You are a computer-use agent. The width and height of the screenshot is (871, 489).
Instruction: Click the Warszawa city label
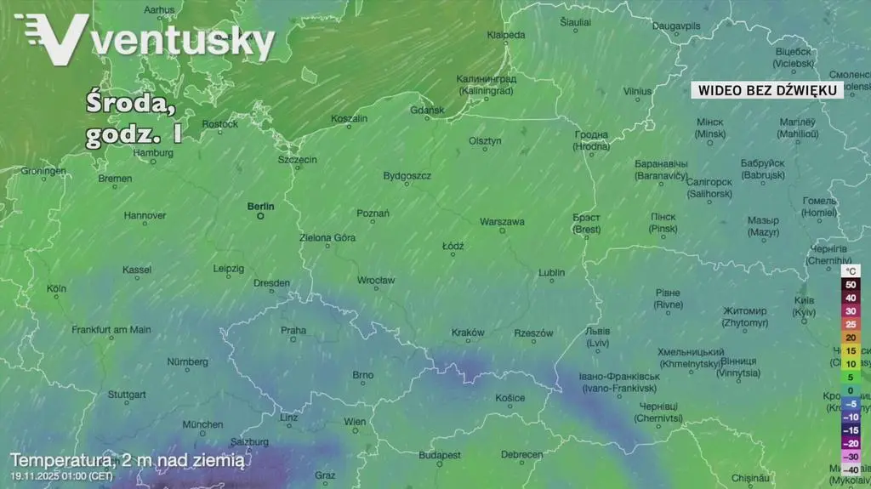coord(502,221)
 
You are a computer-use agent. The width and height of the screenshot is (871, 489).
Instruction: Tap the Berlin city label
coord(261,206)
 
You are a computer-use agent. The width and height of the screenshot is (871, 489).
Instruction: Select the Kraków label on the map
coord(468,333)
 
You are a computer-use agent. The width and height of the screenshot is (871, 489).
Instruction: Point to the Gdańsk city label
coord(427,110)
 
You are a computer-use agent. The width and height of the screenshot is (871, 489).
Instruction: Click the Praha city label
coord(293,330)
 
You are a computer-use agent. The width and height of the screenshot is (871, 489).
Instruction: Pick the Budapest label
coord(440,455)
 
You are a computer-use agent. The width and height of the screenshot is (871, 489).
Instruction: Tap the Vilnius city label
coord(637,91)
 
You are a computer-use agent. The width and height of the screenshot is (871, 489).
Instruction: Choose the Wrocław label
coord(376,280)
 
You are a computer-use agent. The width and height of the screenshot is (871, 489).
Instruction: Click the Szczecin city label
coord(298,159)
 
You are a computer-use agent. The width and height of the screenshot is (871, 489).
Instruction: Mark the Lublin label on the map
coord(551,273)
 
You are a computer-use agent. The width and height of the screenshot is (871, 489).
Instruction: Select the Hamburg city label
coord(153,153)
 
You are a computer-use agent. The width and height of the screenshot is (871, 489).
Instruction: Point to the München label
coord(202,424)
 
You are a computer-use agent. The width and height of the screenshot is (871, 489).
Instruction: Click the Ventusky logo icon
coord(51,38)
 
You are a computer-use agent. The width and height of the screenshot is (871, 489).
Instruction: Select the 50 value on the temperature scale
coord(851,284)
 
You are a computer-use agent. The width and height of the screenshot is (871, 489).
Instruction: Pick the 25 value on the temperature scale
coord(851,324)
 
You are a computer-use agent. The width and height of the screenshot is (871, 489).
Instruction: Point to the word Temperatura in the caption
coord(60,460)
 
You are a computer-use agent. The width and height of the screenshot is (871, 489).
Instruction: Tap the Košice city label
coord(510,398)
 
